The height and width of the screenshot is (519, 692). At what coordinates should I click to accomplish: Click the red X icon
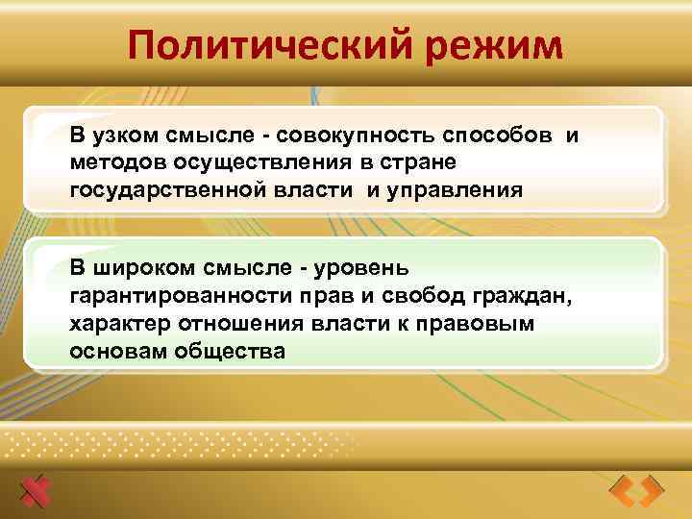tap(36, 491)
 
